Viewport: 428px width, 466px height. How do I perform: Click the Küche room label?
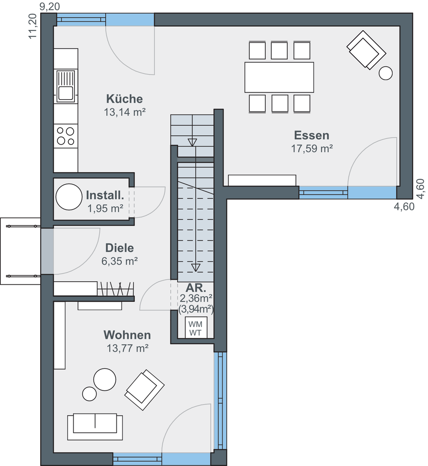tap(124, 99)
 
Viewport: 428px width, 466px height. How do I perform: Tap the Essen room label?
tap(312, 135)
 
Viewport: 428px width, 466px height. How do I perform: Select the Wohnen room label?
tap(127, 335)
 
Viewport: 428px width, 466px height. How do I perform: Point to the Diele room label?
tap(119, 248)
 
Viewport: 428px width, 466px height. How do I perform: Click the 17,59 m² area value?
tap(312, 149)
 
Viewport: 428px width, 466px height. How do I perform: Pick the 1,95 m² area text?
tap(105, 209)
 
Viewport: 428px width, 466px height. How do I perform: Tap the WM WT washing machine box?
tap(196, 327)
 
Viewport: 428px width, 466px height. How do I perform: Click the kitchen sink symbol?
tap(66, 86)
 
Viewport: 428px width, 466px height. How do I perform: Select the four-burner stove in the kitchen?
tap(66, 136)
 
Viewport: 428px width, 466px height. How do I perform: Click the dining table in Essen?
tap(279, 77)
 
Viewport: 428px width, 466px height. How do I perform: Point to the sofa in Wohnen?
tap(95, 427)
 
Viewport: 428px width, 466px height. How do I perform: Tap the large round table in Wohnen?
tap(105, 380)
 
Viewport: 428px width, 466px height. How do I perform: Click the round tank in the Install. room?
tap(69, 197)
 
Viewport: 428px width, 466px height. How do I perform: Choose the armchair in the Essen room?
tap(366, 50)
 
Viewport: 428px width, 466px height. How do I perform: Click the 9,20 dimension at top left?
tap(50, 6)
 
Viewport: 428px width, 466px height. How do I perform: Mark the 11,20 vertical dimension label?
tap(33, 26)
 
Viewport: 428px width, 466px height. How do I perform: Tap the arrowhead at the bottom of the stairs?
tap(196, 268)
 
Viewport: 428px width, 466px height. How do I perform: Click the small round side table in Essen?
tap(386, 73)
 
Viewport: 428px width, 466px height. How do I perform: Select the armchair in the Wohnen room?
tap(144, 390)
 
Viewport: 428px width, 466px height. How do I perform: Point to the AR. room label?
tap(196, 288)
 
